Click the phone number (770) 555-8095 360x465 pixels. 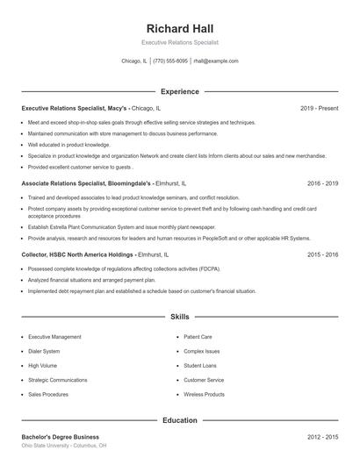pyautogui.click(x=170, y=61)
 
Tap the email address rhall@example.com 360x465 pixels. pyautogui.click(x=216, y=61)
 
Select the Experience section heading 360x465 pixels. pyautogui.click(x=179, y=91)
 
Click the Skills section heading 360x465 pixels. pyautogui.click(x=179, y=316)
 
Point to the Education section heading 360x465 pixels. pyautogui.click(x=179, y=420)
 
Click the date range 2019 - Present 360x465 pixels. pyautogui.click(x=319, y=108)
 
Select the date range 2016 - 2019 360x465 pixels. pyautogui.click(x=322, y=183)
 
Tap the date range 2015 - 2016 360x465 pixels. pyautogui.click(x=322, y=254)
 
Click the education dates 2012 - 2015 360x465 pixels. pyautogui.click(x=322, y=436)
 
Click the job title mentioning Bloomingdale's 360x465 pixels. pyautogui.click(x=104, y=183)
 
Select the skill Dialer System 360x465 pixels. pyautogui.click(x=44, y=351)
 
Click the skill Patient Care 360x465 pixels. pyautogui.click(x=198, y=336)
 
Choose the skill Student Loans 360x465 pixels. pyautogui.click(x=200, y=365)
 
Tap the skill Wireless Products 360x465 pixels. pyautogui.click(x=204, y=395)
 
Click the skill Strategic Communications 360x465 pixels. pyautogui.click(x=59, y=380)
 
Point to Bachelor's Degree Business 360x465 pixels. pyautogui.click(x=61, y=436)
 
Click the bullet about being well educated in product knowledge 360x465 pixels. pyautogui.click(x=69, y=144)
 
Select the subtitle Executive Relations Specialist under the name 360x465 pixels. pyautogui.click(x=179, y=42)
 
